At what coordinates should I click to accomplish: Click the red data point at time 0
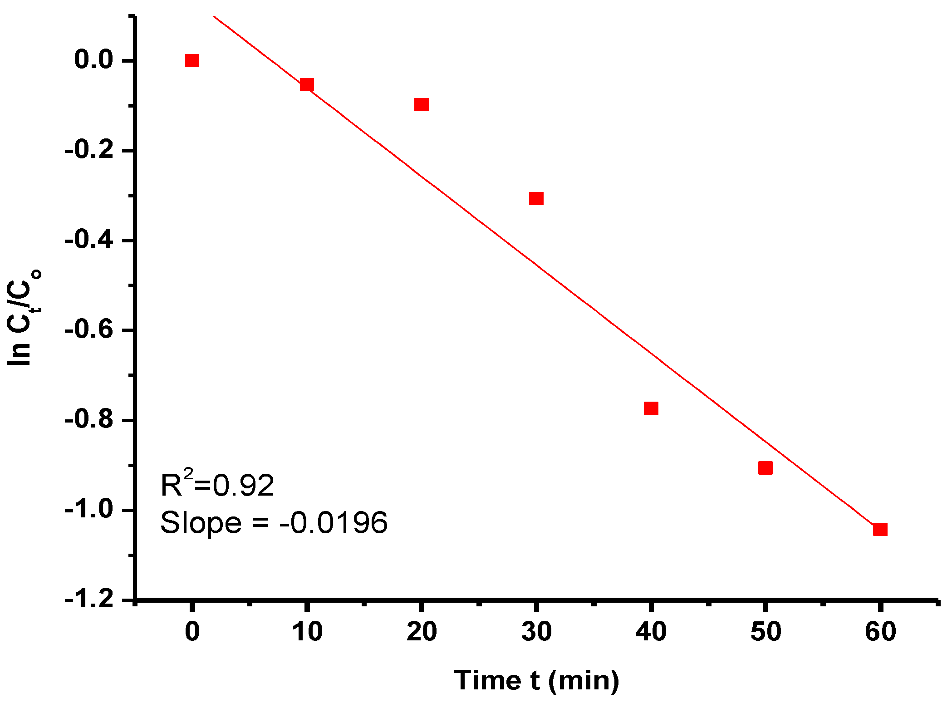[192, 60]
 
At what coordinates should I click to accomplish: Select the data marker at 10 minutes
[307, 84]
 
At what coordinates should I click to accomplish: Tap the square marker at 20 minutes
[422, 105]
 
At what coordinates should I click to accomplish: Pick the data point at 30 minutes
[536, 198]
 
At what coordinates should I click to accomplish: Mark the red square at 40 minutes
[651, 408]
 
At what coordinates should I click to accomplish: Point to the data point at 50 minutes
[766, 468]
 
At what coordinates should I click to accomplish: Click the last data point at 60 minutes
[880, 529]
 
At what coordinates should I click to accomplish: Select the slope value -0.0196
[334, 522]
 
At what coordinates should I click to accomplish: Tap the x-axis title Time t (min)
[536, 680]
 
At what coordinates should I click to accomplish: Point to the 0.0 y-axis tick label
[93, 60]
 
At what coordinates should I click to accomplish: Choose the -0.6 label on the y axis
[89, 329]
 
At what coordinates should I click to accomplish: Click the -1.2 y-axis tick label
[89, 600]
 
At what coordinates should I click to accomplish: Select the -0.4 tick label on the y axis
[89, 240]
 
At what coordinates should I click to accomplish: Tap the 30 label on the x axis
[536, 631]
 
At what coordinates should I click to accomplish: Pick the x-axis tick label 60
[880, 631]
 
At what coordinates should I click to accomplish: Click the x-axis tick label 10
[307, 631]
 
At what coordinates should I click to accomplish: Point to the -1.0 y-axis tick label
[89, 510]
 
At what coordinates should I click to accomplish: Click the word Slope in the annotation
[201, 523]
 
